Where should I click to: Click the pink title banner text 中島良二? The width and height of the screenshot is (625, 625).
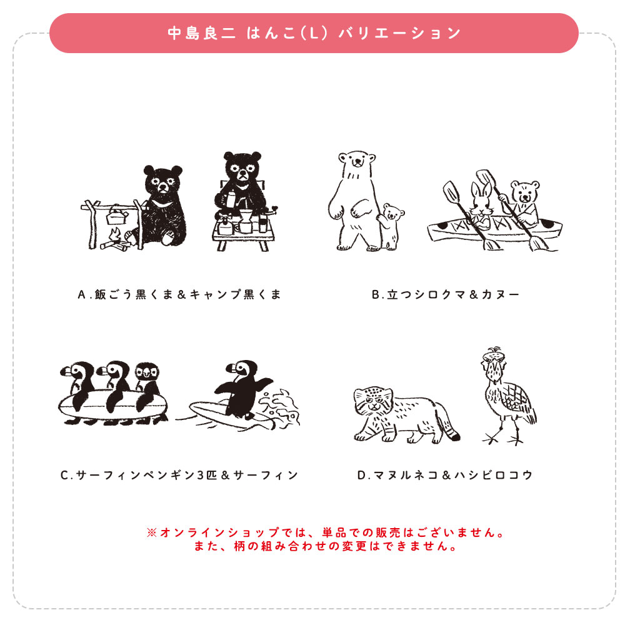[x=201, y=33]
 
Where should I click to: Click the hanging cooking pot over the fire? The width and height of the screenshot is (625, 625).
[x=117, y=216]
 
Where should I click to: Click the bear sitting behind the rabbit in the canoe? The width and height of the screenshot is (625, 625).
[x=524, y=200]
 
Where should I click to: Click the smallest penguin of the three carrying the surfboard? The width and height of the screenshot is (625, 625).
[x=147, y=384]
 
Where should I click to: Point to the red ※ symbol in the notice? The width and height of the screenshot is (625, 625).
[x=151, y=533]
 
